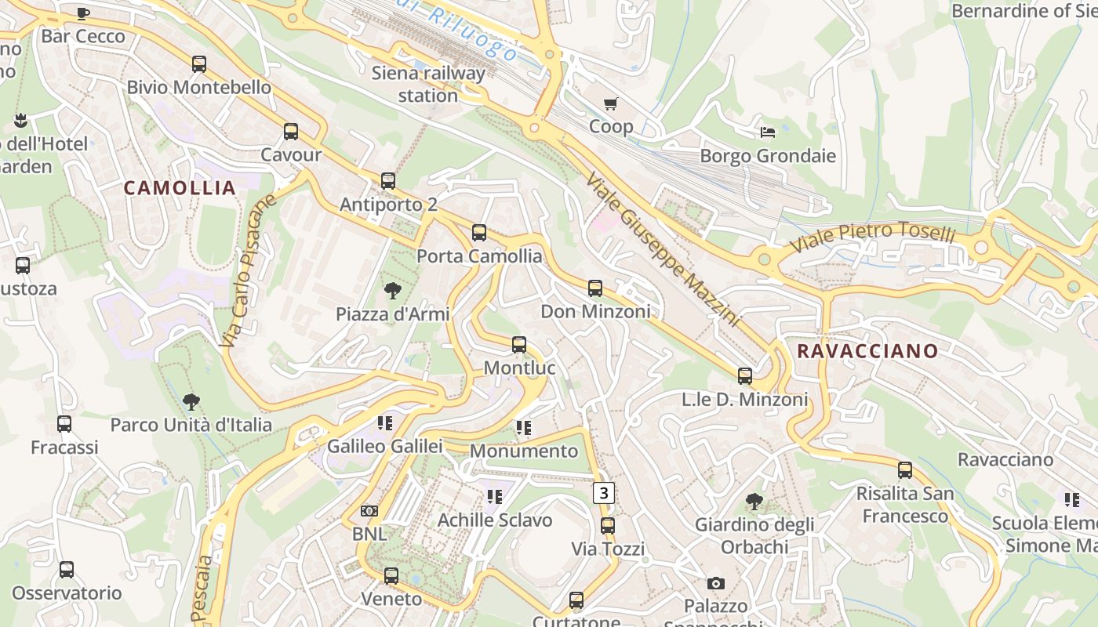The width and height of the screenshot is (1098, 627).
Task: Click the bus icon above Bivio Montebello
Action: tap(199, 64)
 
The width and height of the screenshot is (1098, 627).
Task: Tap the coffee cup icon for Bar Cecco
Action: tap(83, 13)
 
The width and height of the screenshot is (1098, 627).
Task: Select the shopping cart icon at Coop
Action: tap(611, 103)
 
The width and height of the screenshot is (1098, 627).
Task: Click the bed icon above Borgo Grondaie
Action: tap(768, 132)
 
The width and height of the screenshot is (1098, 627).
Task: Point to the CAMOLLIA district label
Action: tap(180, 188)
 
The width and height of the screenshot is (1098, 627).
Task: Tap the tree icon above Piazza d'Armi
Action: tap(392, 292)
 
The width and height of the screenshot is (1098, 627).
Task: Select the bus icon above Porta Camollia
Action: tap(479, 233)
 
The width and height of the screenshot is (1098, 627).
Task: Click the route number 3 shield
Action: tap(603, 493)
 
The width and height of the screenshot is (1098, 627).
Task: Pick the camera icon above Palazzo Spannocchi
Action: tap(715, 583)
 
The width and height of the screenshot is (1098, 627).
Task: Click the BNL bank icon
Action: tap(369, 511)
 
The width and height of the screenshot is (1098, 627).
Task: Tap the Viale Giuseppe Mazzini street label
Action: tap(663, 249)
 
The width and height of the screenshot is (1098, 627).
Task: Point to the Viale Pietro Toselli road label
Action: tap(872, 236)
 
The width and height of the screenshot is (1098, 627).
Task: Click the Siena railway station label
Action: tap(428, 85)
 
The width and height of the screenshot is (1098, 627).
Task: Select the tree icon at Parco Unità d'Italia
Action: tap(191, 403)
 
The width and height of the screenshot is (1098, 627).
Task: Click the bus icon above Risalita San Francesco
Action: tap(905, 470)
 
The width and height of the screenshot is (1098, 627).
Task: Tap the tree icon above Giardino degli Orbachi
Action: tap(754, 501)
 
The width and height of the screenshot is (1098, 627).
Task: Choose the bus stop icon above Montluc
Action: tap(519, 345)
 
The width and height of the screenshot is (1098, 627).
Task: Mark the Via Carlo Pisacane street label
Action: tap(249, 270)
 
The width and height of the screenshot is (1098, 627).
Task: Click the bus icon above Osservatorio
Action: tap(67, 570)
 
